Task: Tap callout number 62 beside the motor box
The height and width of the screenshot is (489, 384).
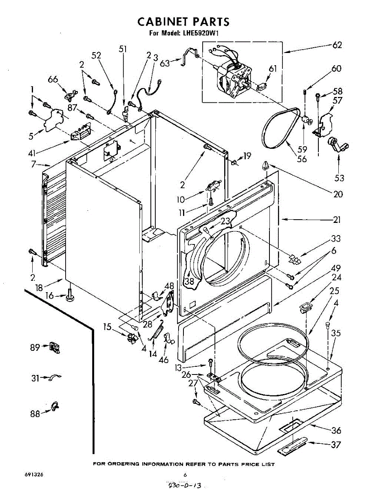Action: tap(337, 45)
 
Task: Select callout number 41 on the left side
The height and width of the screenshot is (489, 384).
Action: tap(32, 153)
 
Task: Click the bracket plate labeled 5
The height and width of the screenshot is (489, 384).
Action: tap(53, 120)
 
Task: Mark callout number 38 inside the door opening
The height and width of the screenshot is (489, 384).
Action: tap(190, 281)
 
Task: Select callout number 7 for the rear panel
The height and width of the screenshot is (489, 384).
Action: tap(33, 164)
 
